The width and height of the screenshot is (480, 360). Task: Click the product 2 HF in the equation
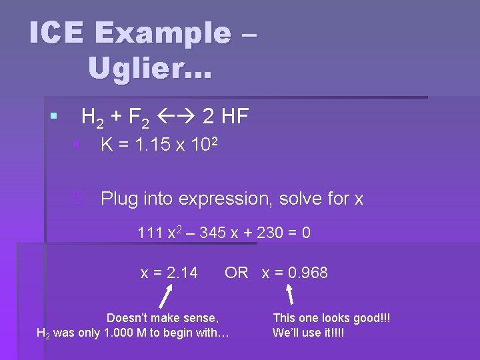[225, 117]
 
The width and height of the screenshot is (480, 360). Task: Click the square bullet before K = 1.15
[77, 145]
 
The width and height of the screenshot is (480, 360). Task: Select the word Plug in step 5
[121, 199]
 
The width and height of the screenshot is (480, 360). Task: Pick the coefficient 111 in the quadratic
[150, 233]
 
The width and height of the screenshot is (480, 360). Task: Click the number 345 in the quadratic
[213, 233]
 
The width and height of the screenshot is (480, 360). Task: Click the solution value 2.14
[182, 273]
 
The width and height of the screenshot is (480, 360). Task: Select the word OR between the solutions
[236, 273]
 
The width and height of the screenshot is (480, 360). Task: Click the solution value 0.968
[305, 273]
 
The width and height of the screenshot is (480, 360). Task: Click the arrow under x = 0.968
[290, 295]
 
